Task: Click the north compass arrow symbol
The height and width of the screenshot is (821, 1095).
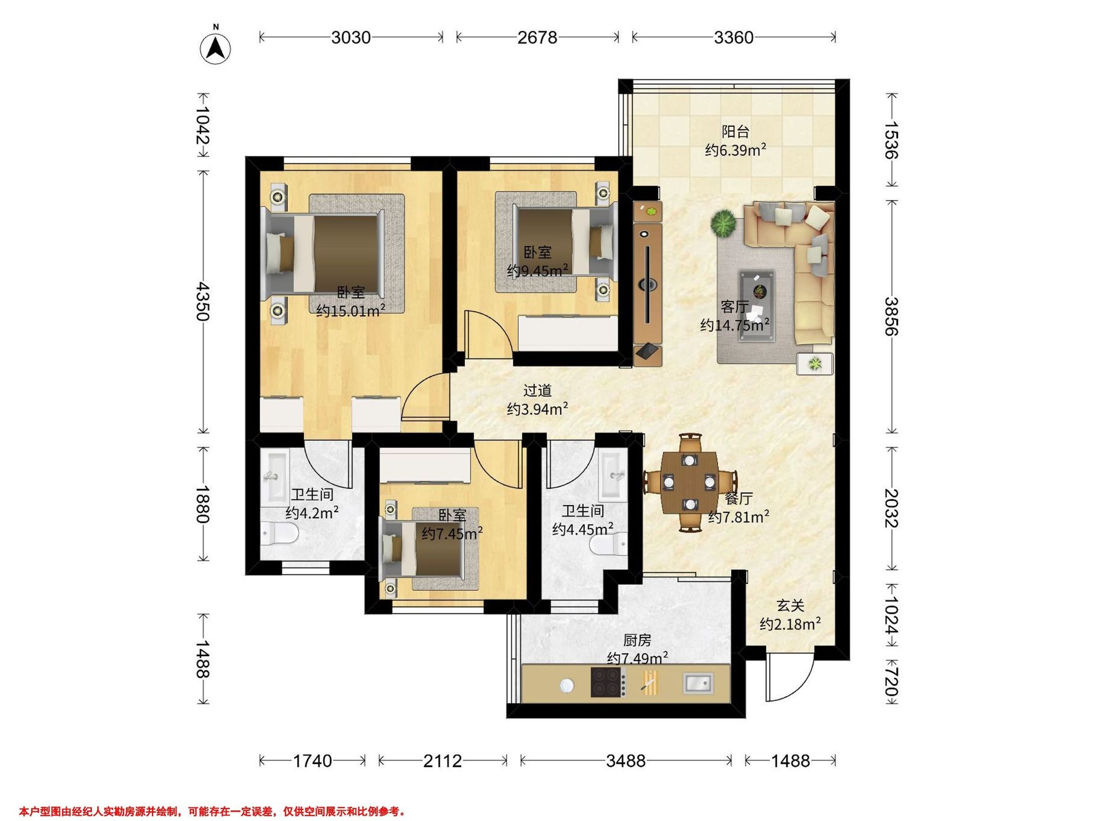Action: tap(215, 48)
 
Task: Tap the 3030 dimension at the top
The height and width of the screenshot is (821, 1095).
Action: tap(351, 37)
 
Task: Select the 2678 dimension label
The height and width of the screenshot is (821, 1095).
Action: tap(537, 37)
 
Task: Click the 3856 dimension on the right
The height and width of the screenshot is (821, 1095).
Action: tap(892, 316)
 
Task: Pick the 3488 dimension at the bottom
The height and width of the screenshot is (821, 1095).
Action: tap(626, 761)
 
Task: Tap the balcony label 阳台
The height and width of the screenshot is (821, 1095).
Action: tap(735, 132)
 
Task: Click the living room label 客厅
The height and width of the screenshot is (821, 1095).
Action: tap(735, 307)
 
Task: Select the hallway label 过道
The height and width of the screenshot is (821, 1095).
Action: tap(537, 390)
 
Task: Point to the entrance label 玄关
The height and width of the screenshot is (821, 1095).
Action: tap(790, 605)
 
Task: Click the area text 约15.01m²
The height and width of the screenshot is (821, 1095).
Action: tap(351, 310)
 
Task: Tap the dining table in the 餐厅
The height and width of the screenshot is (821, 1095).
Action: tap(689, 482)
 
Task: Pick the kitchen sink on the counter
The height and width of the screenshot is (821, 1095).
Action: tap(698, 683)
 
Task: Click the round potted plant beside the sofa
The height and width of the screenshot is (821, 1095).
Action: tap(724, 223)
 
